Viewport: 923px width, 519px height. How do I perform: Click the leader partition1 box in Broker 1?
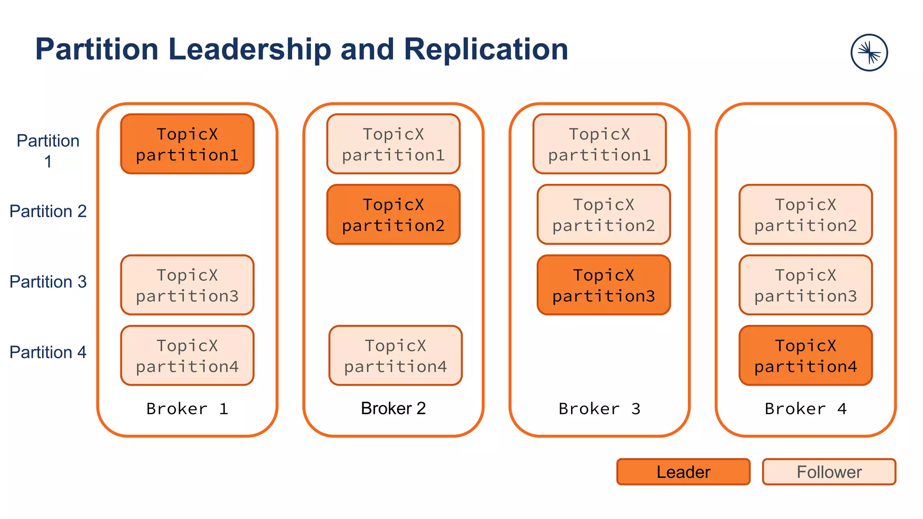pos(187,144)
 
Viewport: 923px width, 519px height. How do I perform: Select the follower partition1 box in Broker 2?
pos(393,144)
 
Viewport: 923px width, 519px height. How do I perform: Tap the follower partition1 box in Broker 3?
pos(599,144)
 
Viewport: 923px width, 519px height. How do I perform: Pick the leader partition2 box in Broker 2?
pos(393,214)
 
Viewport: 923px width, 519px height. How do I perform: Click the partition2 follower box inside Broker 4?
pos(805,214)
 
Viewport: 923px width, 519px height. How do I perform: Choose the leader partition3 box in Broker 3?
pos(603,285)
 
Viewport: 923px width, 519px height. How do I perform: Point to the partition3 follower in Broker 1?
pos(187,285)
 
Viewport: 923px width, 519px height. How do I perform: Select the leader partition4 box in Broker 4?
pos(805,355)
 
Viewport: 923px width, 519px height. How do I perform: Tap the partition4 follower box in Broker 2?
pos(395,355)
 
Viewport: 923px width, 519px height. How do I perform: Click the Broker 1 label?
pos(187,409)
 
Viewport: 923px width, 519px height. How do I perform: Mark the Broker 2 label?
pos(393,408)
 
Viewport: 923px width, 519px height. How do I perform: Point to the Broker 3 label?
pos(599,409)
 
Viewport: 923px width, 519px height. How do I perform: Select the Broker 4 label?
pos(805,409)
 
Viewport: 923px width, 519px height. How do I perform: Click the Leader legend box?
pos(683,472)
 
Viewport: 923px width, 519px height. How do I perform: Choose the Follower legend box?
pos(829,472)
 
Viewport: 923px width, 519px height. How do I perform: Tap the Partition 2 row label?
pos(48,211)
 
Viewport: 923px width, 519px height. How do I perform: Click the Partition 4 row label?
pos(48,352)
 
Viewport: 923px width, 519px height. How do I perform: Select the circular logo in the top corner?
pos(869,53)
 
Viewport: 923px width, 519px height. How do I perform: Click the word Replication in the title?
pos(485,49)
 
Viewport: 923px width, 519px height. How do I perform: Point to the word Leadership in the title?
pos(249,49)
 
